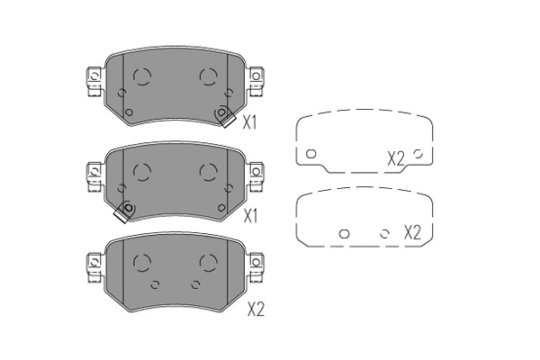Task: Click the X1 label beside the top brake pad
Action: pyautogui.click(x=249, y=123)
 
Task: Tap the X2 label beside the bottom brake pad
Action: pyautogui.click(x=256, y=310)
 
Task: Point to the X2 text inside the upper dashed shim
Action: pyautogui.click(x=396, y=157)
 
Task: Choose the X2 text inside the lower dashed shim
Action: pyautogui.click(x=412, y=232)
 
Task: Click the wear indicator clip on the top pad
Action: pyautogui.click(x=223, y=114)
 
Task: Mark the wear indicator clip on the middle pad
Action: pyautogui.click(x=126, y=210)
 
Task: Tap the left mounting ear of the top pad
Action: pyautogui.click(x=93, y=82)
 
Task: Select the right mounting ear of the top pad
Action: pyautogui.click(x=256, y=82)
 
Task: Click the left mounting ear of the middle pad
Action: pyautogui.click(x=93, y=175)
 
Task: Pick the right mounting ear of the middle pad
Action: pyautogui.click(x=256, y=175)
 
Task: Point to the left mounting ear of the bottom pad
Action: pyautogui.click(x=93, y=267)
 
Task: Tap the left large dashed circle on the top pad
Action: pyautogui.click(x=141, y=76)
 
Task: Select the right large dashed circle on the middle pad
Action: pyautogui.click(x=208, y=170)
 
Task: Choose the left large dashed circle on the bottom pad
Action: pyautogui.click(x=141, y=262)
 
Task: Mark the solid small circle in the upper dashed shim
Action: pyautogui.click(x=310, y=154)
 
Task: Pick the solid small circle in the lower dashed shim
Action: pyautogui.click(x=343, y=233)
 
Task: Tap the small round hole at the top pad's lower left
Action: pyautogui.click(x=127, y=112)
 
